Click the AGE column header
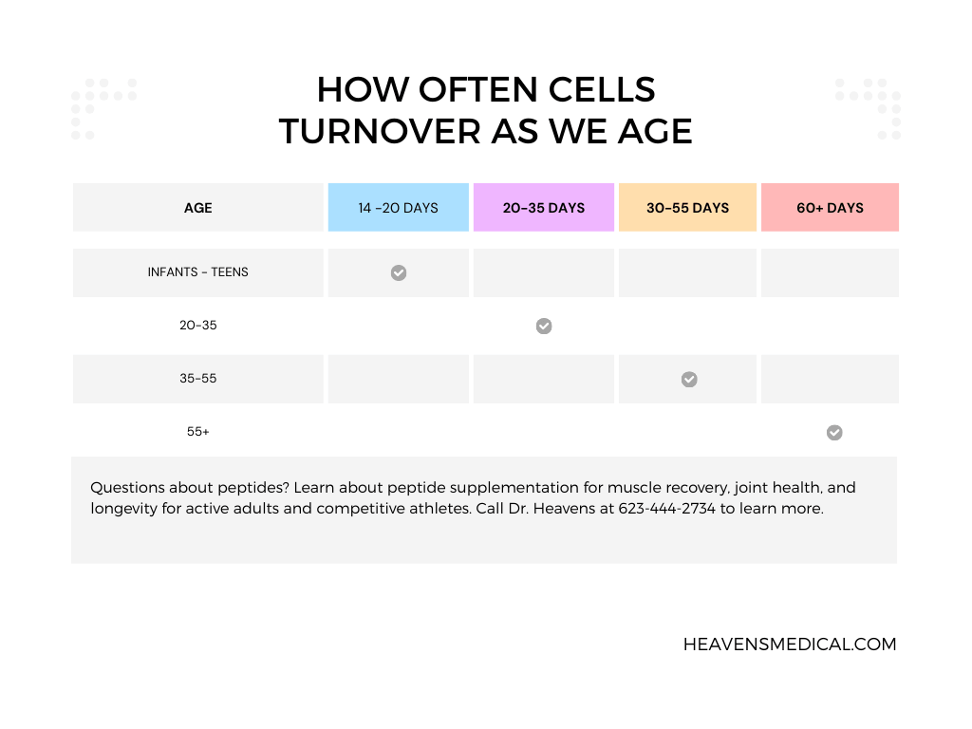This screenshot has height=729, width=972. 198,208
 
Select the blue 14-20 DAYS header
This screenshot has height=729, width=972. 398,208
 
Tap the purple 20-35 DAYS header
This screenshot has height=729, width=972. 544,208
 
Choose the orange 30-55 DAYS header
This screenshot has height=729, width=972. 687,208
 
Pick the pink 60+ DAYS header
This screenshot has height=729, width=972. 830,208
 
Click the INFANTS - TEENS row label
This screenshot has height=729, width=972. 198,272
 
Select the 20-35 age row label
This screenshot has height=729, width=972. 198,326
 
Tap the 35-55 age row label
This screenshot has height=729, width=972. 198,379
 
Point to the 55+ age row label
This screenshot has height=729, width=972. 198,432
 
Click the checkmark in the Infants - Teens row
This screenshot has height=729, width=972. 399,273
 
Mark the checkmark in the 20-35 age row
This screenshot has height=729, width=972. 544,327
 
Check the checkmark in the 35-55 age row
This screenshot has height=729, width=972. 689,380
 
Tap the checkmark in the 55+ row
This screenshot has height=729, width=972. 834,433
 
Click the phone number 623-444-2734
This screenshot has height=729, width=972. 666,509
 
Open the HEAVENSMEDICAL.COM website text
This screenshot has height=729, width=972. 790,645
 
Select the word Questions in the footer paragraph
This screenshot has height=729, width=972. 126,488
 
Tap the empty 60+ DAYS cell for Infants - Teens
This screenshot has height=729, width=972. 830,272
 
